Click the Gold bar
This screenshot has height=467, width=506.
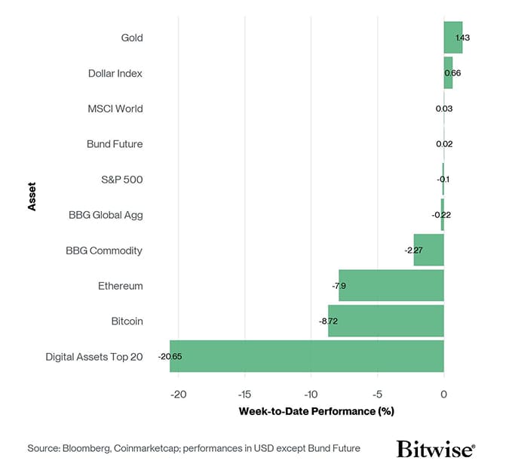[452, 38]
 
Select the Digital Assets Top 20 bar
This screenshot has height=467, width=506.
[306, 356]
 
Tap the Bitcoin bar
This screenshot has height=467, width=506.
[385, 321]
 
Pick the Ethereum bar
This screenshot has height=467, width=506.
[391, 285]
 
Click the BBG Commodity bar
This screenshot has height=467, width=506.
[428, 250]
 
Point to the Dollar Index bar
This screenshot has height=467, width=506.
[448, 73]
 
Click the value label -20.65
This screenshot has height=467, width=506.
[171, 356]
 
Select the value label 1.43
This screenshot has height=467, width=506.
[462, 38]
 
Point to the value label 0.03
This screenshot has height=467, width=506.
[444, 109]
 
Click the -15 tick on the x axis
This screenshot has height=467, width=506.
[244, 394]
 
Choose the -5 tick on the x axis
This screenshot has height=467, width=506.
[377, 394]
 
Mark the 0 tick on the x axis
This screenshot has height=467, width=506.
[443, 394]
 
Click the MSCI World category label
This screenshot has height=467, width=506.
[115, 109]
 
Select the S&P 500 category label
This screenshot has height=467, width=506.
[121, 180]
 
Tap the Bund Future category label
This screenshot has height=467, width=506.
[114, 144]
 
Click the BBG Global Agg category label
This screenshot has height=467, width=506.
[105, 215]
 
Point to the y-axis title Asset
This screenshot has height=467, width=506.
[32, 197]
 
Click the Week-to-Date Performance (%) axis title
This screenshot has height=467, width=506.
[317, 411]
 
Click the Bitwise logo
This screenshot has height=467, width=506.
[435, 449]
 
